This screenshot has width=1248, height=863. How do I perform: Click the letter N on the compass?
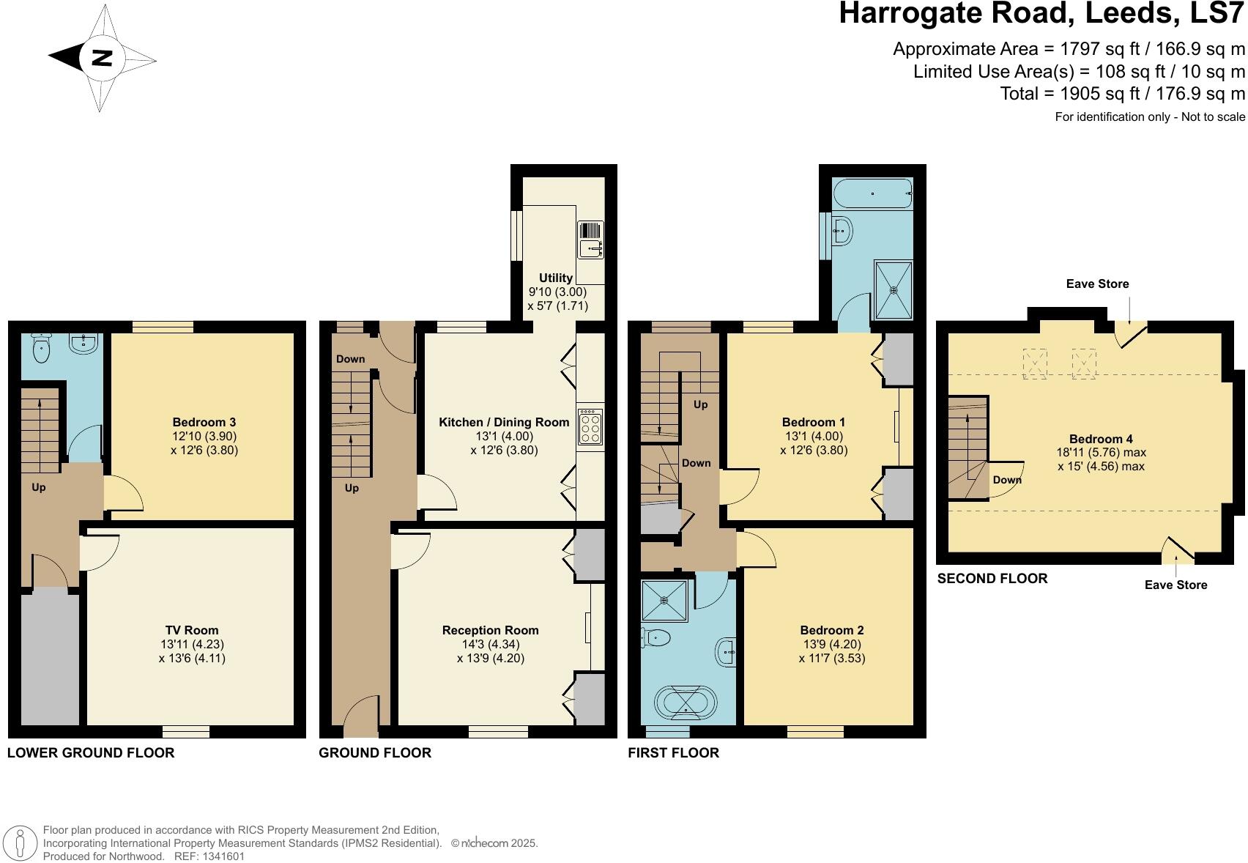(x=102, y=58)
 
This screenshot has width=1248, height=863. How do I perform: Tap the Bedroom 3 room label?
(x=204, y=422)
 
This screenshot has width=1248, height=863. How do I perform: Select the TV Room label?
(x=192, y=630)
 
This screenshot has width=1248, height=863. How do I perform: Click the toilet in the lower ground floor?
(x=42, y=349)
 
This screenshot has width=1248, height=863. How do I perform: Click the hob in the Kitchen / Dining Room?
(x=590, y=426)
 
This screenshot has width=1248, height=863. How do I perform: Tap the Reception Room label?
(x=490, y=630)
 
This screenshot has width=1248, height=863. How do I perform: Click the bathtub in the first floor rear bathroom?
(x=872, y=194)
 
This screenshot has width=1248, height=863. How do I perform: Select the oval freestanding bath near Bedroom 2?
(x=686, y=703)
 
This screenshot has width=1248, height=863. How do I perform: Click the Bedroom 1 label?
(x=813, y=422)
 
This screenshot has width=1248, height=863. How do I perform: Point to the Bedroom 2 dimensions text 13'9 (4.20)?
(x=831, y=644)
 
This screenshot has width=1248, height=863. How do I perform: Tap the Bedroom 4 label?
(x=1101, y=439)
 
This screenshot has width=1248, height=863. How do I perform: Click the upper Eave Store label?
(x=1097, y=284)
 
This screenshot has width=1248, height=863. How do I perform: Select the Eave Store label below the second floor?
(x=1175, y=585)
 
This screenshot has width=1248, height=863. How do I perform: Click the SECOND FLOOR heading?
(x=992, y=579)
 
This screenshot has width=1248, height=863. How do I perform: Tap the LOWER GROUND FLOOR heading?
(x=91, y=752)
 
